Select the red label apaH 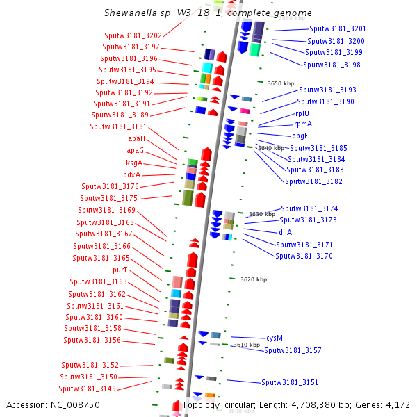pyautogui.click(x=136, y=138)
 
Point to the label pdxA pyautogui.click(x=131, y=174)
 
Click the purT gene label pyautogui.click(x=120, y=270)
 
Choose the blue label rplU pyautogui.click(x=302, y=113)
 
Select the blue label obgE pyautogui.click(x=300, y=136)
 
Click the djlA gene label pyautogui.click(x=286, y=232)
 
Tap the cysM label pyautogui.click(x=275, y=338)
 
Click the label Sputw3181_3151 pyautogui.click(x=290, y=382)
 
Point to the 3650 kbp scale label pyautogui.click(x=281, y=83)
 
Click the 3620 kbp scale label pyautogui.click(x=254, y=279)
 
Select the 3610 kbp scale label pyautogui.click(x=246, y=345)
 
